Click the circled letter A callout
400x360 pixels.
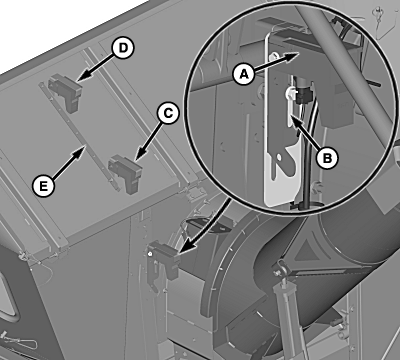[x=244, y=74]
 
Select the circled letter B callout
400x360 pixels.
[x=328, y=157]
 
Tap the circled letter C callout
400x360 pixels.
[x=168, y=114]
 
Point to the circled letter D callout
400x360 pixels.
[x=123, y=48]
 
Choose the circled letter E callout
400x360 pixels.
[x=44, y=185]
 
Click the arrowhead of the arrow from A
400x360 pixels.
[x=293, y=55]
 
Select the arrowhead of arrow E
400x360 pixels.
[x=80, y=152]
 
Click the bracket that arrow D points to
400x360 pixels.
[x=67, y=92]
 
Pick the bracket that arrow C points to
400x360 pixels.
[x=126, y=173]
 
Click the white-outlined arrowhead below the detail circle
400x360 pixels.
[x=184, y=247]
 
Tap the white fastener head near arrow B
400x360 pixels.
[x=288, y=93]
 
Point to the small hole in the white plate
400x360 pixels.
[x=279, y=156]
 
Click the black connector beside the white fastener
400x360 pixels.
[x=303, y=94]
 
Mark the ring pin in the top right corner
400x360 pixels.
[x=379, y=15]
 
